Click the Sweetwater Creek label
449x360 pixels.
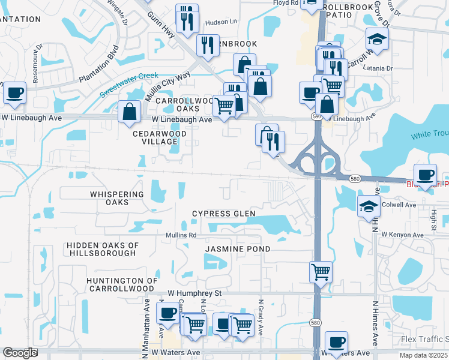coord(128,85)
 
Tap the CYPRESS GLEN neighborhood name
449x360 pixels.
coord(223,214)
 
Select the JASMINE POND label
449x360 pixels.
coord(238,248)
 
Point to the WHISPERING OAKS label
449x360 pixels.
coord(117,199)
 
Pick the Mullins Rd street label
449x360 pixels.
coord(181,235)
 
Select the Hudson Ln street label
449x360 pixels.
coord(221,22)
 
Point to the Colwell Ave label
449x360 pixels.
coord(399,205)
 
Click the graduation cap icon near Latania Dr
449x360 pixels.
coord(377,40)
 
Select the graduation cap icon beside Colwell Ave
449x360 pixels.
coord(369,207)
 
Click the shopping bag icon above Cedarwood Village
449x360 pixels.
coord(130,111)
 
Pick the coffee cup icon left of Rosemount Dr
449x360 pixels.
coord(14,93)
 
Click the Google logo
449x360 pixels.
coord(20,353)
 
